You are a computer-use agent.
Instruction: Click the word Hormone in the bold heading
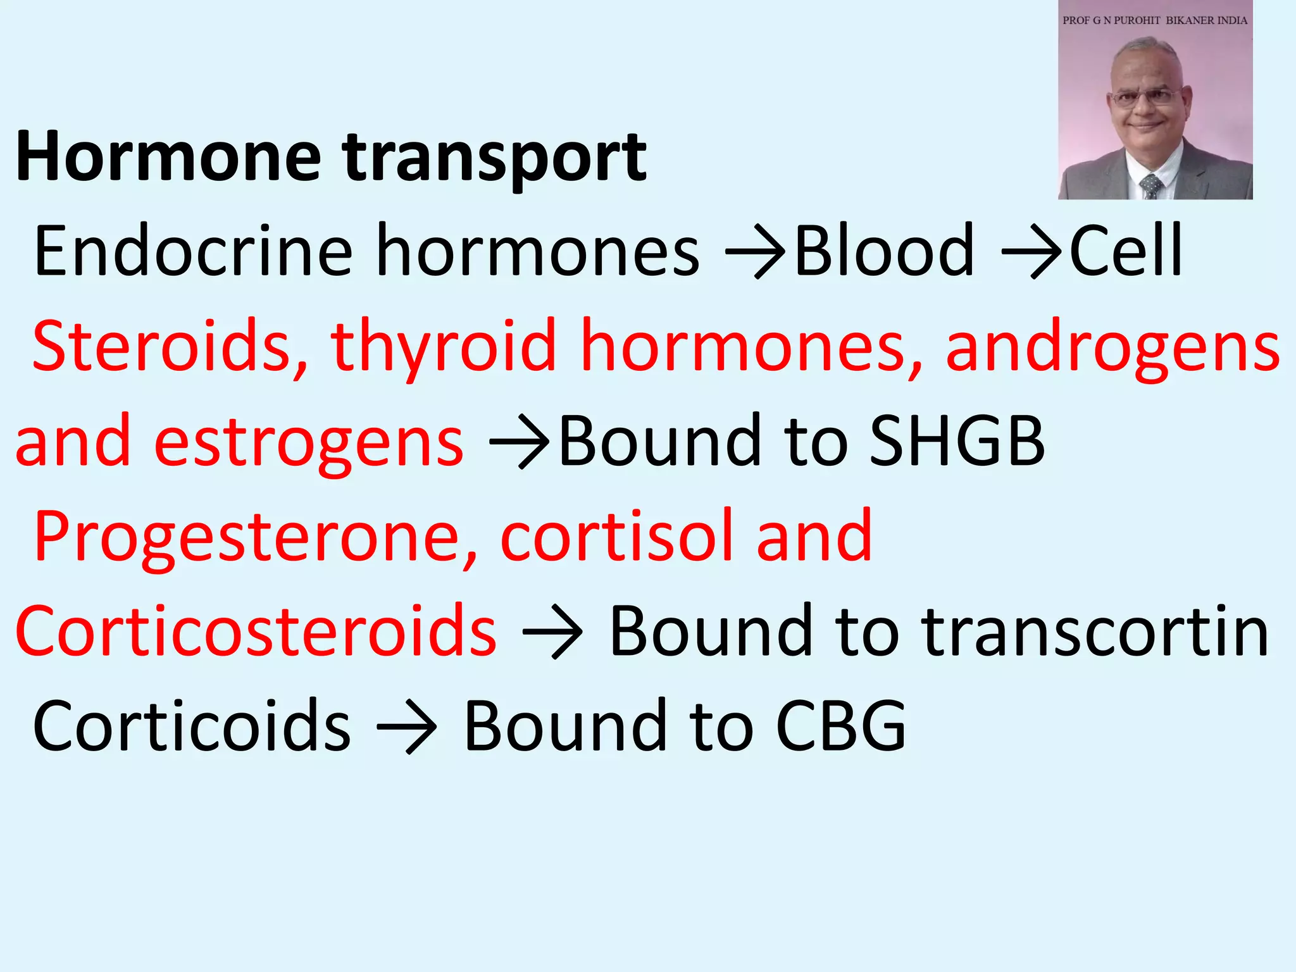[x=168, y=156]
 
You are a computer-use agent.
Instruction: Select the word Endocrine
[x=193, y=251]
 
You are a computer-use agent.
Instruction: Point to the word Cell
[x=1126, y=251]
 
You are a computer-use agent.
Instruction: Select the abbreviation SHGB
[x=957, y=441]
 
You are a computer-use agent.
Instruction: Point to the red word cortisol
[x=616, y=536]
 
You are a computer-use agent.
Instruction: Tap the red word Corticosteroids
[x=256, y=631]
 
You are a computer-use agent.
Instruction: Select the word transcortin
[x=1095, y=631]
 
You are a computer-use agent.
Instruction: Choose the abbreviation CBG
[x=841, y=726]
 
